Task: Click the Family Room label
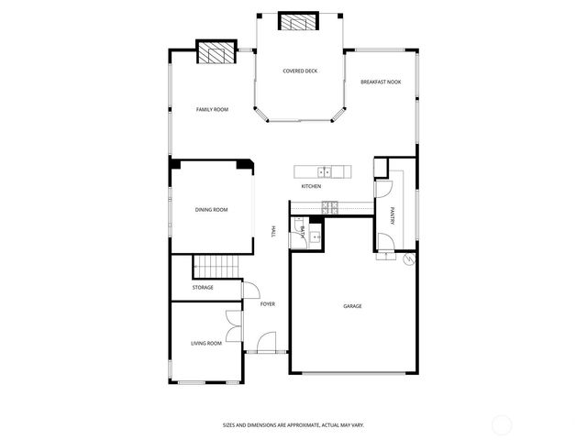[x=212, y=109]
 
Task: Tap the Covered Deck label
[x=300, y=71]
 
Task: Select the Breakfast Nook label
[x=381, y=82]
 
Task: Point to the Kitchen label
[x=311, y=187]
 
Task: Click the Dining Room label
[x=211, y=210]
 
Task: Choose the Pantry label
[x=392, y=216]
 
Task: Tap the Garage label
[x=352, y=306]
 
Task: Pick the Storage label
[x=203, y=288]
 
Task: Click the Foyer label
[x=268, y=303]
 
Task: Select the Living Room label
[x=206, y=343]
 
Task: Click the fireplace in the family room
[x=216, y=54]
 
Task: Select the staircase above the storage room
[x=214, y=267]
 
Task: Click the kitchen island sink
[x=324, y=170]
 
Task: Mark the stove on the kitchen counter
[x=329, y=207]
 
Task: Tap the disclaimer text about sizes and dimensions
[x=305, y=424]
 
